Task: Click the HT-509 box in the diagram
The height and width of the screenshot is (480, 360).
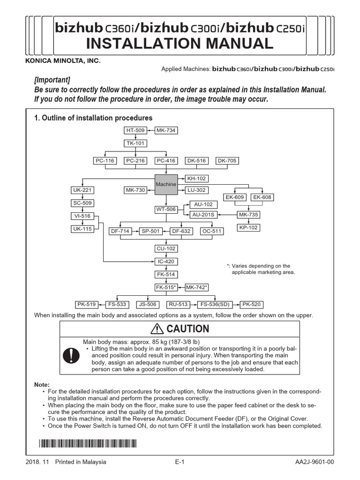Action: coord(135,130)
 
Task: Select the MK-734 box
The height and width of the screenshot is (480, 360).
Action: coord(166,130)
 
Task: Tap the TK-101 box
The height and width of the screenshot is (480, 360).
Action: coord(135,143)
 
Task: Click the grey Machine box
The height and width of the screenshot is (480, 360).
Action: coord(166,184)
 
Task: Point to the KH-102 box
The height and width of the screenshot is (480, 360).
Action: coord(196,179)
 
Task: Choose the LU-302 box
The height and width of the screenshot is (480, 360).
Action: coord(196,190)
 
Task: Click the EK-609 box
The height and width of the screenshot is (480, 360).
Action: coord(235,197)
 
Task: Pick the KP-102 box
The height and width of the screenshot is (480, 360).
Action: coord(248,227)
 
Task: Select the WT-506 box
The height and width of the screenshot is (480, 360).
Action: coord(166,209)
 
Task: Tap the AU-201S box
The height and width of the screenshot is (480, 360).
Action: coord(202,215)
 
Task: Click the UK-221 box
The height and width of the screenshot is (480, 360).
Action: coord(82,190)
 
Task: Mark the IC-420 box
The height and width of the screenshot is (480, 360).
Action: coord(166,262)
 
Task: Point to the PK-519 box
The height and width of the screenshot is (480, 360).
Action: coord(87,304)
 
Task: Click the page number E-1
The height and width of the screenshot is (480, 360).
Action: coord(180,462)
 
